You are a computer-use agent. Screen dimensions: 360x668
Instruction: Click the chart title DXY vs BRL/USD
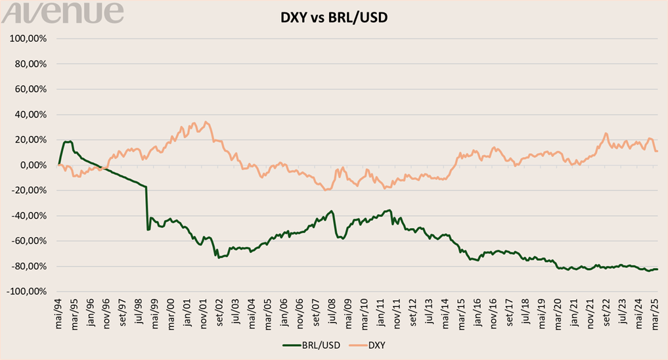coord(334,17)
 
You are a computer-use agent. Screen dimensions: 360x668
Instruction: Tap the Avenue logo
coord(62,12)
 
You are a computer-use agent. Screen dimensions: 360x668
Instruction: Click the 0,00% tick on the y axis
coord(33,165)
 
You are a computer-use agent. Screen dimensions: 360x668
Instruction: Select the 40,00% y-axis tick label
coord(31,114)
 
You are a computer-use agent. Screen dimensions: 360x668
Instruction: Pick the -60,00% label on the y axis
coord(30,241)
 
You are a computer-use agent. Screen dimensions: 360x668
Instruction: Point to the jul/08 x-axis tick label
coord(332,311)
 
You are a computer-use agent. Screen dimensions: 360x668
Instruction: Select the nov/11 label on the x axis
coord(396,311)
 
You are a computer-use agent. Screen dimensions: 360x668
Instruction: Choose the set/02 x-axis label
coord(219,311)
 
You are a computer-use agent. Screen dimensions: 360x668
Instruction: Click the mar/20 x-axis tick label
coord(557,311)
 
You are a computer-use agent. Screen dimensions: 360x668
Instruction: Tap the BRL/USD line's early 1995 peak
coord(68,141)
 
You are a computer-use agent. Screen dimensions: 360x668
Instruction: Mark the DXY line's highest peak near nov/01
coord(206,122)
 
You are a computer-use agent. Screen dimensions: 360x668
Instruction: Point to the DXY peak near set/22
coord(606,133)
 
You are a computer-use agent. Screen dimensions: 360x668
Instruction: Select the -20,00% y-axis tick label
coord(30,191)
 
